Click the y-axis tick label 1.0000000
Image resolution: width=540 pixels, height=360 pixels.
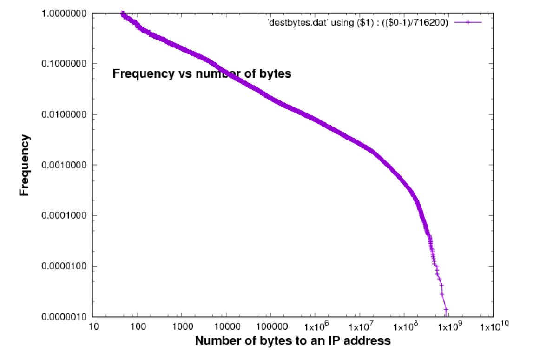[64, 14]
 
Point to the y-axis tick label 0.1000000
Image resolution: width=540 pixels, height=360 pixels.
[64, 64]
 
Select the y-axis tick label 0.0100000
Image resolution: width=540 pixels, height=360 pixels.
[64, 114]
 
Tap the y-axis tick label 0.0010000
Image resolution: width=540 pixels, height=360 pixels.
[64, 165]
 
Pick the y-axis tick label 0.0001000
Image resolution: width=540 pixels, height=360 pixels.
[64, 215]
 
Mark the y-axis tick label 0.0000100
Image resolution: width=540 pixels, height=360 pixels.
[64, 266]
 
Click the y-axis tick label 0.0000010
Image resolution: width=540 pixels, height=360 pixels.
[64, 317]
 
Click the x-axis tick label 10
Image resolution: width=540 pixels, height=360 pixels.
[93, 327]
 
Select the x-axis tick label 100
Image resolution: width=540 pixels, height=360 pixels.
[138, 327]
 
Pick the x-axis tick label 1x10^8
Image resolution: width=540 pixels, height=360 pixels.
[405, 327]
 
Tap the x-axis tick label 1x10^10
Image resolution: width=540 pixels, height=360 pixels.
[494, 327]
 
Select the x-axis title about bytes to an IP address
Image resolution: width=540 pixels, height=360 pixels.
[293, 341]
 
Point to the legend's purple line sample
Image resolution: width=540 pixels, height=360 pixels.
[468, 22]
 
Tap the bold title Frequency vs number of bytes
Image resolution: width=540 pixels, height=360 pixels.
[202, 73]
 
